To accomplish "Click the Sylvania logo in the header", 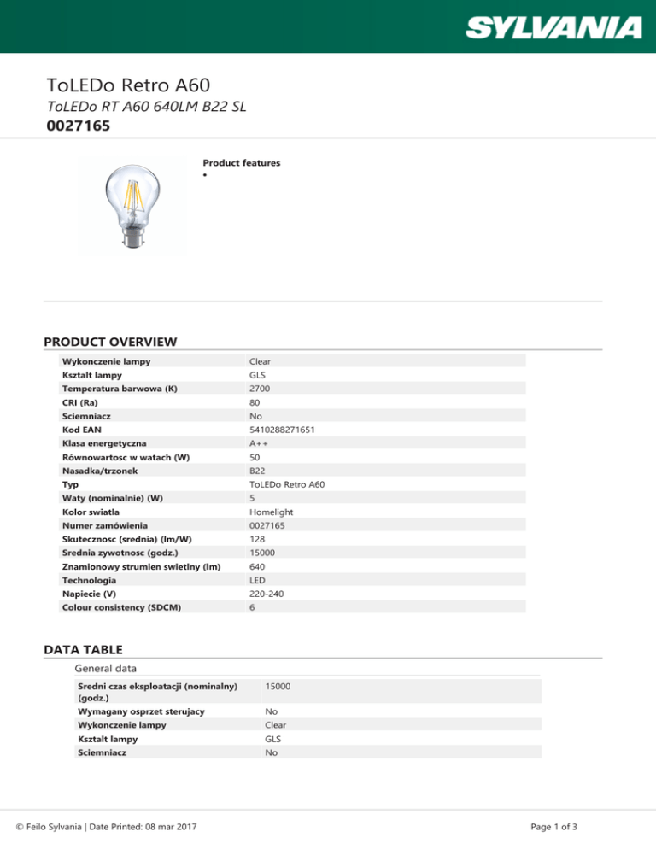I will click(x=553, y=27).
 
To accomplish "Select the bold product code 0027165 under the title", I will click(x=79, y=126).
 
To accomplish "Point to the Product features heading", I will click(x=241, y=162).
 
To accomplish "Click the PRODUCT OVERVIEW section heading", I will click(x=110, y=342).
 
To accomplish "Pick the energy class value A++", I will click(x=260, y=443).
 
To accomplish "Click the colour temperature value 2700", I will click(x=260, y=389).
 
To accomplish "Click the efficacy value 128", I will click(x=256, y=539).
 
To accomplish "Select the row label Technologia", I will click(x=90, y=580).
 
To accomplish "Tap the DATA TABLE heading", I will click(x=83, y=649).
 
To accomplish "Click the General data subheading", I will click(x=107, y=667).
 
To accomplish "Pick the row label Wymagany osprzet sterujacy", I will click(x=140, y=711).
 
